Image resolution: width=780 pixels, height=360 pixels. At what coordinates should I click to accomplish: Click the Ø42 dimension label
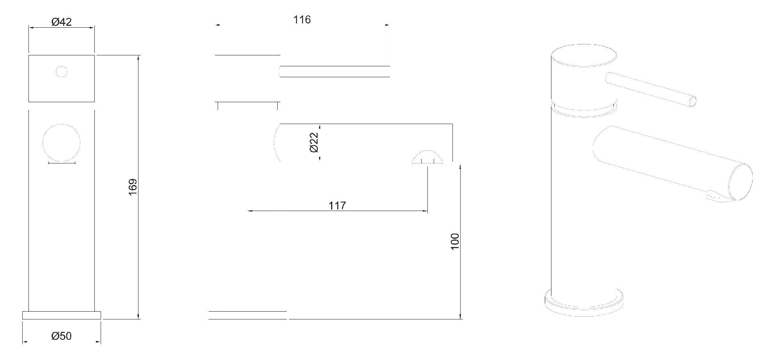click(x=62, y=22)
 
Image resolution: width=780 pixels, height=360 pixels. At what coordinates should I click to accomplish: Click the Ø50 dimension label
click(x=62, y=336)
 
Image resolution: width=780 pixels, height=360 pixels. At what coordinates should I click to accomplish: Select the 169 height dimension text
click(x=133, y=187)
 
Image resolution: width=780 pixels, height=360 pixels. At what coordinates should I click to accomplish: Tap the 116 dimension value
click(x=302, y=20)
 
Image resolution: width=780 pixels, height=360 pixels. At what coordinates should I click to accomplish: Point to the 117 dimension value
click(x=337, y=206)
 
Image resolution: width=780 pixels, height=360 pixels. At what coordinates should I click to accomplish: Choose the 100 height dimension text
click(x=455, y=241)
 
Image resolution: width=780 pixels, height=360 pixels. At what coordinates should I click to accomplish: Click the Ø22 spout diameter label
click(x=314, y=142)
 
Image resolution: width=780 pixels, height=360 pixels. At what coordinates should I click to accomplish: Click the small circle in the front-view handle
click(x=62, y=72)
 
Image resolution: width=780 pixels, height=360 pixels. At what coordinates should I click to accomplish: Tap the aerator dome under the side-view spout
click(x=427, y=157)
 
